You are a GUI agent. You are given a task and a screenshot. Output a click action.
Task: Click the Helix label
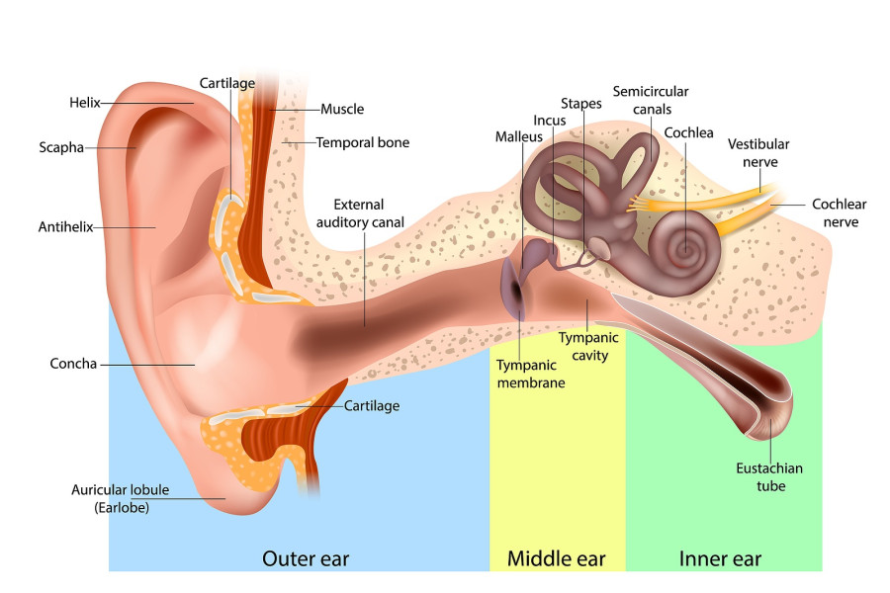pyautogui.click(x=85, y=103)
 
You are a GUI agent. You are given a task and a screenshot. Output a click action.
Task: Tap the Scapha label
pyautogui.click(x=61, y=147)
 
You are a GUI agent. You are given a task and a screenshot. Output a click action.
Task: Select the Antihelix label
pyautogui.click(x=65, y=227)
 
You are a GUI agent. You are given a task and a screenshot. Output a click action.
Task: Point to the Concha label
pyautogui.click(x=73, y=363)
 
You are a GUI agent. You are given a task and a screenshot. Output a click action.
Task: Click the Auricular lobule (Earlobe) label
pyautogui.click(x=121, y=498)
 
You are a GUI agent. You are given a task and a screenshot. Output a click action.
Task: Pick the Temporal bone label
pyautogui.click(x=363, y=142)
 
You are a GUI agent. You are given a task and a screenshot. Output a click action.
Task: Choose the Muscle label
pyautogui.click(x=342, y=109)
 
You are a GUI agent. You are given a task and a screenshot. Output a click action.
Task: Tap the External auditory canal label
pyautogui.click(x=360, y=213)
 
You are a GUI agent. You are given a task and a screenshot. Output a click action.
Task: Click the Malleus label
pyautogui.click(x=519, y=136)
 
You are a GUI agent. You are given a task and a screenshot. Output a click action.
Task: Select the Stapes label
pyautogui.click(x=581, y=103)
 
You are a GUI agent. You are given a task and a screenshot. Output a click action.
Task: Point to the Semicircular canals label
pyautogui.click(x=651, y=100)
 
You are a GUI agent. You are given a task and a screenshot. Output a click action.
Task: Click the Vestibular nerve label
pyautogui.click(x=758, y=152)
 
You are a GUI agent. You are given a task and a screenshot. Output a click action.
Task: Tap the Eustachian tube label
pyautogui.click(x=769, y=476)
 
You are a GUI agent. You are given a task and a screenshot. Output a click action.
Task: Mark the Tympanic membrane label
pyautogui.click(x=530, y=374)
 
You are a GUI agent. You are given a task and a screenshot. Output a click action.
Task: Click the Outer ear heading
pyautogui.click(x=306, y=558)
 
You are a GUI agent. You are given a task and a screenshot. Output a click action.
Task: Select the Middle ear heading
pyautogui.click(x=556, y=558)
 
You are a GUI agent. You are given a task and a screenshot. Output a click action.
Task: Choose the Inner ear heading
pyautogui.click(x=720, y=558)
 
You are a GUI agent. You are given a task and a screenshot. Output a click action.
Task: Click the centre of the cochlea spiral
pyautogui.click(x=685, y=248)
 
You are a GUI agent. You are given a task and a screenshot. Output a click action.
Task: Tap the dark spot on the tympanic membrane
pyautogui.click(x=516, y=290)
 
